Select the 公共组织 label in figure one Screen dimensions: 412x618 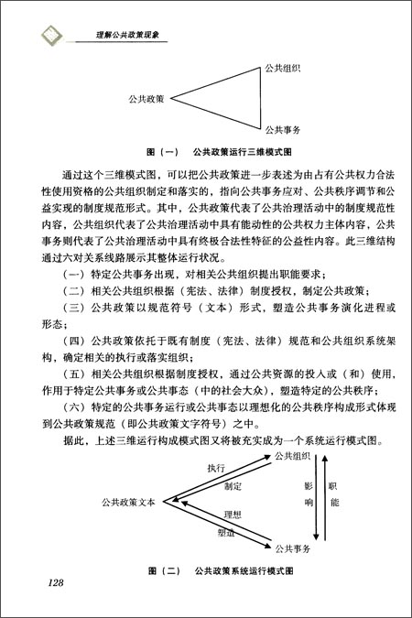[284, 68]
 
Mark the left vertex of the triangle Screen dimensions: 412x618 [171, 98]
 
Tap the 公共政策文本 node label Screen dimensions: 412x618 [127, 502]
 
